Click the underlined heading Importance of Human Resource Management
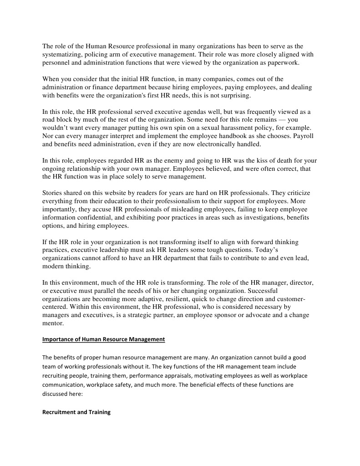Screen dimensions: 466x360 click(103, 339)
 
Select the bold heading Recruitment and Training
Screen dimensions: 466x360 click(76, 413)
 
